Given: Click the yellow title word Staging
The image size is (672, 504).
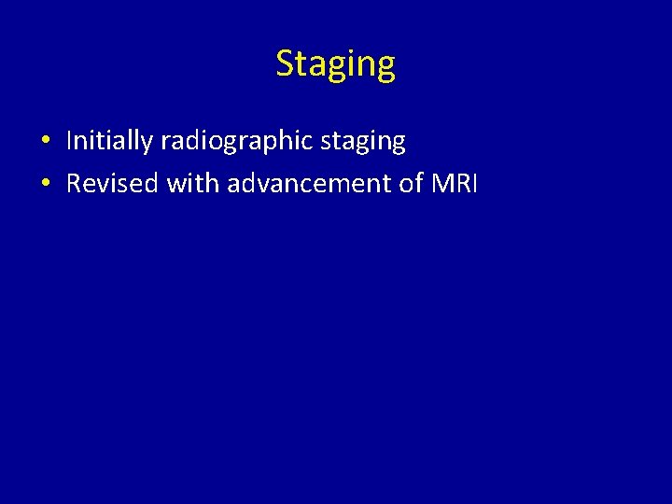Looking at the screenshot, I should (x=336, y=64).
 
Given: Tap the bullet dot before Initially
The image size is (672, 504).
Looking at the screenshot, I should (x=45, y=142).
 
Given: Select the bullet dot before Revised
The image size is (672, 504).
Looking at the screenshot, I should (x=45, y=184).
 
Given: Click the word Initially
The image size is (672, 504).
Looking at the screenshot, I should (x=109, y=141).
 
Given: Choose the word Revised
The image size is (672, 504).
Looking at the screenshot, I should (x=112, y=183).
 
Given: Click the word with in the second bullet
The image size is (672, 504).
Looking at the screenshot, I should (x=193, y=183).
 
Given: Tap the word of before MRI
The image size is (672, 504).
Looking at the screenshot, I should (x=412, y=183).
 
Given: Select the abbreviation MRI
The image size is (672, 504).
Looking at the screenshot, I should (x=455, y=183).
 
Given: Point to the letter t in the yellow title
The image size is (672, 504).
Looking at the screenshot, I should (x=301, y=63).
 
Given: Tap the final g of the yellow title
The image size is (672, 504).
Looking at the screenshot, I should (x=385, y=67).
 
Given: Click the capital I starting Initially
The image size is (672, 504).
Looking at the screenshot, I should (x=69, y=141).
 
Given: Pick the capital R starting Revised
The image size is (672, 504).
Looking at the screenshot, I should (x=74, y=183).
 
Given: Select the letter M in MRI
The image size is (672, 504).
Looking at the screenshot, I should (x=442, y=183).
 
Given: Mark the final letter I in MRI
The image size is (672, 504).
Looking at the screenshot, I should (x=474, y=183).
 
